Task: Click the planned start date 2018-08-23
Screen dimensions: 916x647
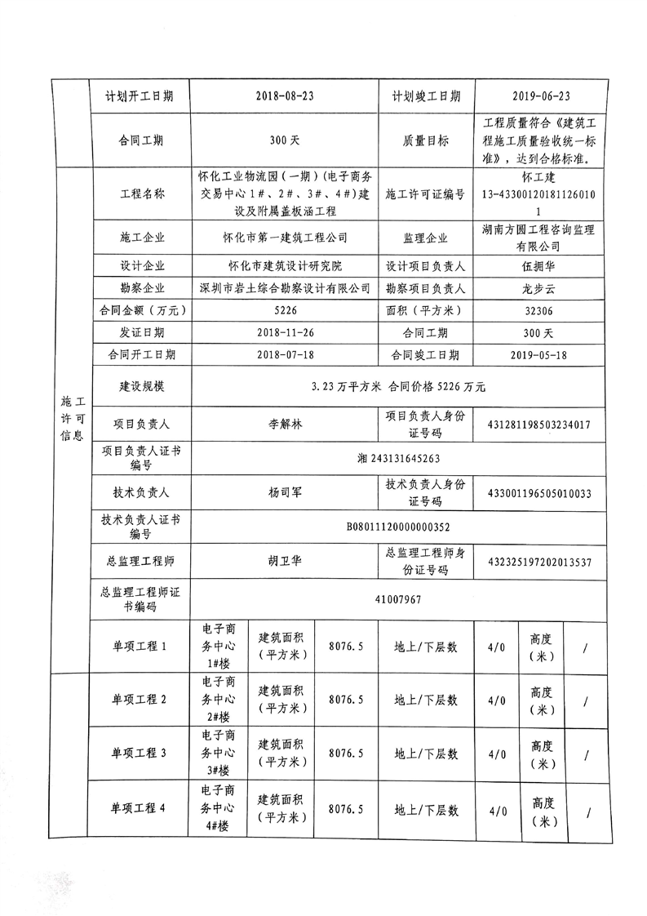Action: click(285, 96)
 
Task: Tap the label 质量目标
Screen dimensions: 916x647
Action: click(425, 140)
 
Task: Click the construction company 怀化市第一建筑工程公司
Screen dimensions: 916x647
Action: click(285, 238)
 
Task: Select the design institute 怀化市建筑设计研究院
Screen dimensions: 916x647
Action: click(285, 266)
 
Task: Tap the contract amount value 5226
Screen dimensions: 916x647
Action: click(286, 310)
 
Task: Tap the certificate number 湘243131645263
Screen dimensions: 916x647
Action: click(398, 459)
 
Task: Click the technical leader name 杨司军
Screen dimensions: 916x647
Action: click(285, 493)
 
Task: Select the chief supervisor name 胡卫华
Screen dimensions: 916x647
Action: click(285, 562)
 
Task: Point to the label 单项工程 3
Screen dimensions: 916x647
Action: click(140, 754)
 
